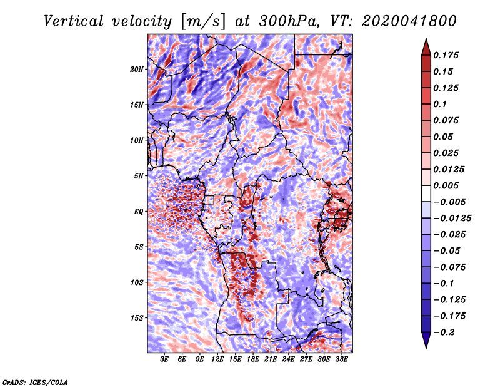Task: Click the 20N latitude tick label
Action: coord(137,70)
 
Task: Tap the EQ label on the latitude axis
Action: coord(139,212)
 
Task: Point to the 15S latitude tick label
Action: coord(137,318)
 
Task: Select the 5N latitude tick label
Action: coord(139,176)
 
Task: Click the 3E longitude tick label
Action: coord(164,359)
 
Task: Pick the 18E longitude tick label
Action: coord(253,359)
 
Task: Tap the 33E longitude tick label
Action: coord(341,359)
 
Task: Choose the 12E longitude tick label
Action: coord(217,359)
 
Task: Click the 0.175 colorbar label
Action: coord(446,55)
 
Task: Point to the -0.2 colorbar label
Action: coord(444,333)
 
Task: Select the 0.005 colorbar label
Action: coord(446,185)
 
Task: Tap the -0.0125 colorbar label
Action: coord(452,219)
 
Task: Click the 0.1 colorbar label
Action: coord(440,104)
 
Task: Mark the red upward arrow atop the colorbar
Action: coord(426,47)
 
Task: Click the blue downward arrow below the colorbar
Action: coord(426,340)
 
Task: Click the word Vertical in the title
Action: coord(74,21)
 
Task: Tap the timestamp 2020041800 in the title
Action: coord(409,21)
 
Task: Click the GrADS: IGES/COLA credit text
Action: coord(35,382)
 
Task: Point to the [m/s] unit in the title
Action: coord(202,22)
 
